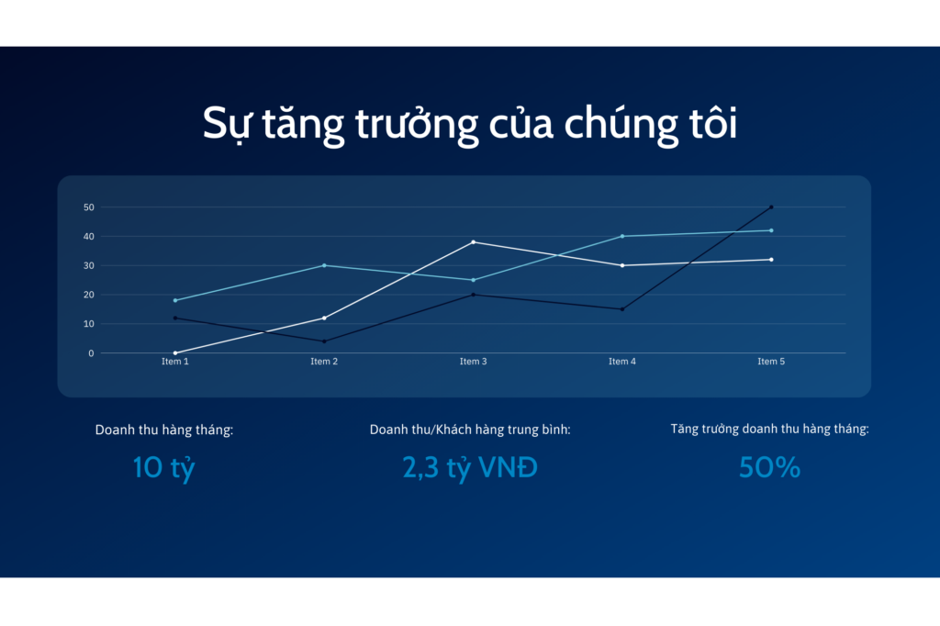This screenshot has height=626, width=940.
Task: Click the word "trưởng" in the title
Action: (x=417, y=125)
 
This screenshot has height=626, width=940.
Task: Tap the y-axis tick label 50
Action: (x=89, y=207)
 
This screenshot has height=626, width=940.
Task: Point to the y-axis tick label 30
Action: (x=89, y=265)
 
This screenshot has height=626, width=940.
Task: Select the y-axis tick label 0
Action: (x=91, y=353)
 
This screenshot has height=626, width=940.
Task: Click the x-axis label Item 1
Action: (x=175, y=362)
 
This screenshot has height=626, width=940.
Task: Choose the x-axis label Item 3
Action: (x=473, y=362)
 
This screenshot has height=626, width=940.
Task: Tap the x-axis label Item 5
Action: (x=771, y=362)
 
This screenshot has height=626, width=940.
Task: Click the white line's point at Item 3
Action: (x=474, y=242)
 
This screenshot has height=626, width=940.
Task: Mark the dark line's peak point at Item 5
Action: (x=771, y=207)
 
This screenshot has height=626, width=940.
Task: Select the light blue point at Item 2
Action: (x=324, y=265)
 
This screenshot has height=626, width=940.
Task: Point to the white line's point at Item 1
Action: (x=175, y=353)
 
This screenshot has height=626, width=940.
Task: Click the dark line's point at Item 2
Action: (x=324, y=341)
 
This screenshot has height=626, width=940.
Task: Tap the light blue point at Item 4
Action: (x=622, y=236)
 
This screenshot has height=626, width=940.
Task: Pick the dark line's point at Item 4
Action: (x=622, y=309)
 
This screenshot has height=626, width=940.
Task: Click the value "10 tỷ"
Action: (x=163, y=468)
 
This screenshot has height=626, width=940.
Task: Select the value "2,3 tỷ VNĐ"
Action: (x=470, y=468)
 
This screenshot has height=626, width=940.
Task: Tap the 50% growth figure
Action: (x=770, y=468)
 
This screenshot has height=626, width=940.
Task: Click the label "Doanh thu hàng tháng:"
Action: (x=164, y=430)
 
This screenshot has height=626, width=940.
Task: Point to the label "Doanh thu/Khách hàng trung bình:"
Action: (x=470, y=430)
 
